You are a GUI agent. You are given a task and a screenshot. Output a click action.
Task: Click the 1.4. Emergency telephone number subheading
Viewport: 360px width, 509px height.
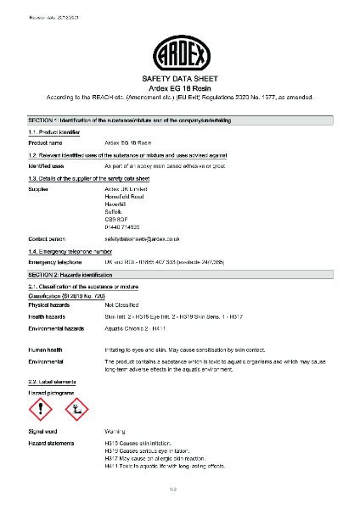coord(71,252)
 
